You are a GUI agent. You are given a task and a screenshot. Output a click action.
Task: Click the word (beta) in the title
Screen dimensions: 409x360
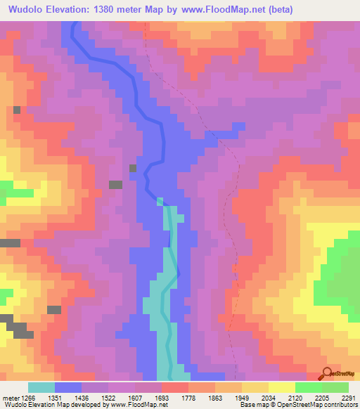(x=276, y=9)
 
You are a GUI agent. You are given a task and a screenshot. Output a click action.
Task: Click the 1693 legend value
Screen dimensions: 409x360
(x=162, y=397)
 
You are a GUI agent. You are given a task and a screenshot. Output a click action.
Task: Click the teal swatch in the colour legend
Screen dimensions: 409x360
(x=41, y=387)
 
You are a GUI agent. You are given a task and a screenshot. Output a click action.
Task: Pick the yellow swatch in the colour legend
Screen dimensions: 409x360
(x=281, y=387)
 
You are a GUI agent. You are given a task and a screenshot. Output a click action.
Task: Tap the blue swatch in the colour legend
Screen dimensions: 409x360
(x=68, y=387)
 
